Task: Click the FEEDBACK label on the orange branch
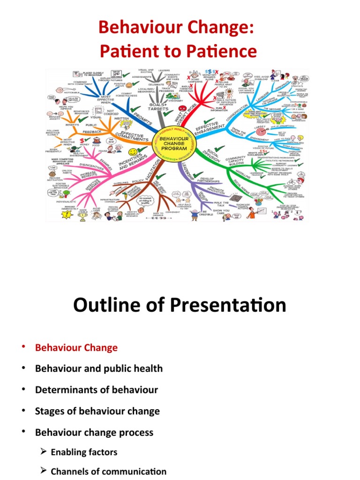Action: pos(93,133)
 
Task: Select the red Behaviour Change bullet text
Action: pos(76,348)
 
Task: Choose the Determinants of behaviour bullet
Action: pos(96,390)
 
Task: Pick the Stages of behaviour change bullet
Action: pos(97,411)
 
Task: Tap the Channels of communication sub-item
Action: pos(108,472)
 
